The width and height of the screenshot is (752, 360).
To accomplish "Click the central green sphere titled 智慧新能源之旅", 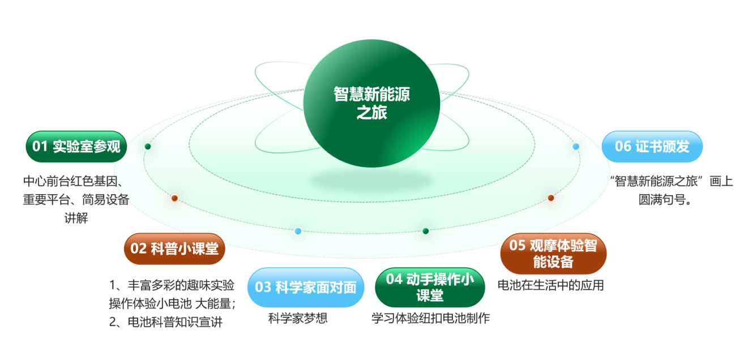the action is coord(371,104).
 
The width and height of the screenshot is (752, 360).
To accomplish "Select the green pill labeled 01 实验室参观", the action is coord(76,147).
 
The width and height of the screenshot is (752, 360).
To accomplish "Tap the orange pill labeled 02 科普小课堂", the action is coord(174,248).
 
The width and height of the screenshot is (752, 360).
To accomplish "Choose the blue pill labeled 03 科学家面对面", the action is coord(306,287).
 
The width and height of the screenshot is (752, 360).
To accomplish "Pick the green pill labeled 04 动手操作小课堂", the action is coord(430,287).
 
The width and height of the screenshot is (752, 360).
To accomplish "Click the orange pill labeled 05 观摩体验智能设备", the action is coord(553,254).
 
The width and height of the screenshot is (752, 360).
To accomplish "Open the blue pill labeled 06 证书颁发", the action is coord(652,147).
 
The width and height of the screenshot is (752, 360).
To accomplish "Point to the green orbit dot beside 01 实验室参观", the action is coord(148,146).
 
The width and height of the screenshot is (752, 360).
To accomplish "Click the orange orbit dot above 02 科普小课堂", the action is coord(174,198).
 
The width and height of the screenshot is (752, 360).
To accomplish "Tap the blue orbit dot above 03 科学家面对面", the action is coord(298,231).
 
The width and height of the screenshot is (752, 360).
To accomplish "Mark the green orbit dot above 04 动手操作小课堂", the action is coord(426,231).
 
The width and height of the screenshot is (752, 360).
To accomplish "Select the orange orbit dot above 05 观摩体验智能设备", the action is coord(551,198).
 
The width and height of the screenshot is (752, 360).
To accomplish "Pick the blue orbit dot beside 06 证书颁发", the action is coord(576,146).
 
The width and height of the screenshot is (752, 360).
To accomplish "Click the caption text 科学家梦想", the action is coord(298,318).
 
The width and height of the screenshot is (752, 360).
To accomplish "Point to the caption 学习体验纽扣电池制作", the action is coord(430,318).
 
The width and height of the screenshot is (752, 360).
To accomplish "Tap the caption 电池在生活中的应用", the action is coord(550,285).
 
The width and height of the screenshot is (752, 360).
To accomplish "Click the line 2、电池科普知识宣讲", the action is coord(166,322).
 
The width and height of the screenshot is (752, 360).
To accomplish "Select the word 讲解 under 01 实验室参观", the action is coord(76,218).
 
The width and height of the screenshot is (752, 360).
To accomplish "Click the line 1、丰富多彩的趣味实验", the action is coord(172,285).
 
